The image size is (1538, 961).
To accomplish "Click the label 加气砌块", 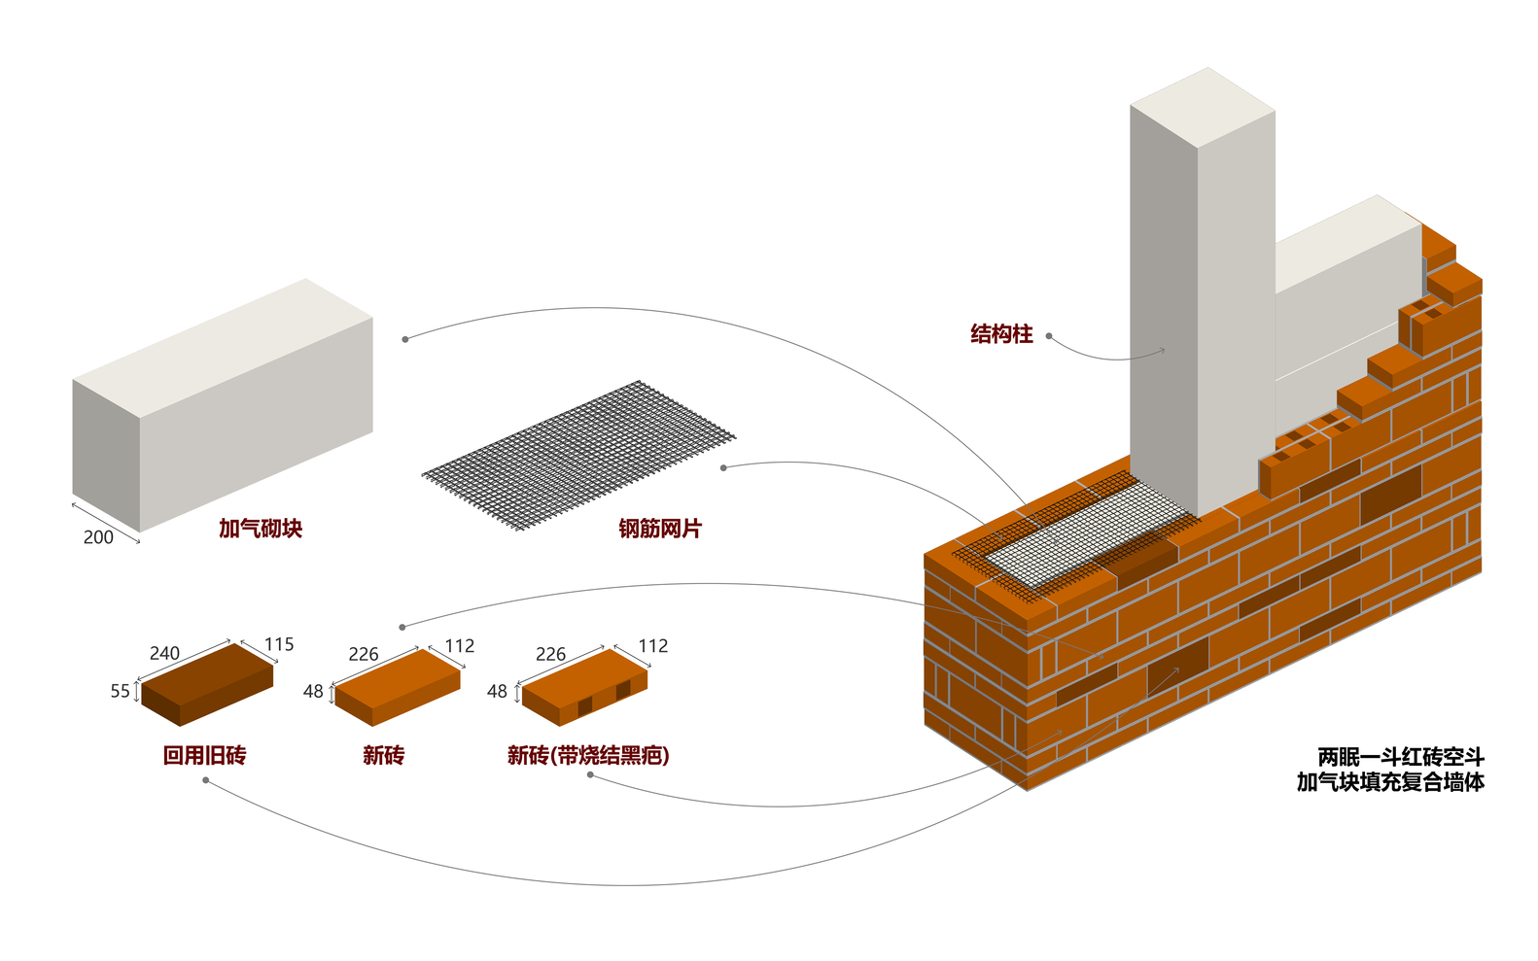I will pos(260,529).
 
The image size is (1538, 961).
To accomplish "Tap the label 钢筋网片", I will pos(659,529).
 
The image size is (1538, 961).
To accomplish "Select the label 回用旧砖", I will pos(204,755).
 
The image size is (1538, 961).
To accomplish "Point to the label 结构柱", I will pos(1001,334).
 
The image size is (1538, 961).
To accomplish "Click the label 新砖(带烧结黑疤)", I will pos(588,755).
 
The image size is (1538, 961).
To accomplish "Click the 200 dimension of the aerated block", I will pos(98,537).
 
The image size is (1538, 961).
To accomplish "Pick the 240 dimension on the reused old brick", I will pos(164,653).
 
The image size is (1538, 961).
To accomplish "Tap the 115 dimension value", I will pos(279,644).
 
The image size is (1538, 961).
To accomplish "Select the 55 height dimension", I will pos(120,691).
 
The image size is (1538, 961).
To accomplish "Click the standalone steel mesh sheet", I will pos(578,455).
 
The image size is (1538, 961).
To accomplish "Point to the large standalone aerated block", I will pos(224,403).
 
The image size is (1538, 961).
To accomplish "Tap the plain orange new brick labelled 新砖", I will pos(397,686).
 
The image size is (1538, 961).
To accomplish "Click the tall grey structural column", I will pos(1202,311).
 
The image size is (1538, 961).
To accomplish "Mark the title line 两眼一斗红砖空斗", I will pos(1400,757).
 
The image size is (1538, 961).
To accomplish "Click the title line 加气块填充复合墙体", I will pos(1390,782).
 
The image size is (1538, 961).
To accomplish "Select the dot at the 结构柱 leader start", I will pos(1049,336).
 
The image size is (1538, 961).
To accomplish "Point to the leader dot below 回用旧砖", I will pos(205,780).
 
